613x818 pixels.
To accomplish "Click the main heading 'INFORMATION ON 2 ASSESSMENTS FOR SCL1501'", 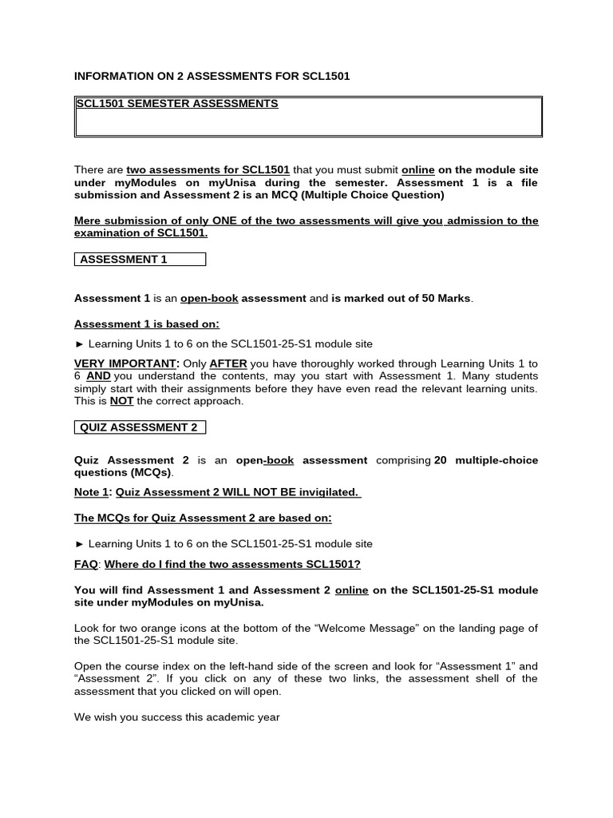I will click(212, 76).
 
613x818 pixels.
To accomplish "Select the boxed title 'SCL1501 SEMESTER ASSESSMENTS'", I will click(176, 104).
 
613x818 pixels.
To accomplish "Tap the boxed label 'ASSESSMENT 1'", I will click(124, 260).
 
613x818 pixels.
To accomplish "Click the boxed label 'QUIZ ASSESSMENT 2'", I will click(138, 427).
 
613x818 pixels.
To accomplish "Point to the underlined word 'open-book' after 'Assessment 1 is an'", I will click(209, 299).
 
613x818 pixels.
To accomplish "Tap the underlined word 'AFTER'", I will click(227, 363).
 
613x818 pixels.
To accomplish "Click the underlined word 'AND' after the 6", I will click(98, 376).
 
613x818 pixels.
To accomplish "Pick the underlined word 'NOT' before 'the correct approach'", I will click(121, 401).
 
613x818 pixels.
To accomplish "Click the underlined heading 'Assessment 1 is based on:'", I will click(146, 324).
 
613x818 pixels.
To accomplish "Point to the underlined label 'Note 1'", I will click(91, 492).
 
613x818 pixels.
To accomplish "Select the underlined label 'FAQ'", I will click(85, 565).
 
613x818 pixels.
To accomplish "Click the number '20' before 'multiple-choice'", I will click(441, 460).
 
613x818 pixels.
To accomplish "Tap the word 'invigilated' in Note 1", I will click(326, 492).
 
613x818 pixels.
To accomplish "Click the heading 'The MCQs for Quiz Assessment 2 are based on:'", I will click(203, 518).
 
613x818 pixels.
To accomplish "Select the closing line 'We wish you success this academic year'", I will click(176, 717).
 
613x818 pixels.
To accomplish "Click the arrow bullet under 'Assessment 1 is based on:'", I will click(79, 344).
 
